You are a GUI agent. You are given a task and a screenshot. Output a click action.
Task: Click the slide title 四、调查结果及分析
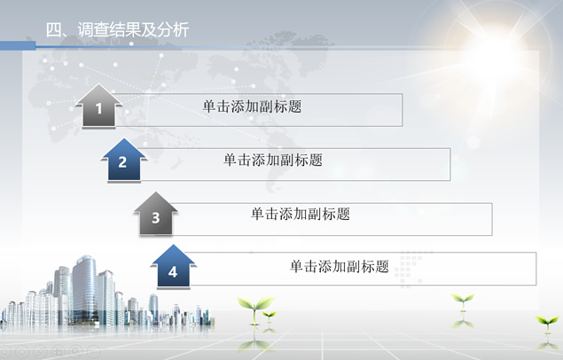pos(117,30)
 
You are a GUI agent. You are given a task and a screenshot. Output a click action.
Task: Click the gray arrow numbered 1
pos(98,106)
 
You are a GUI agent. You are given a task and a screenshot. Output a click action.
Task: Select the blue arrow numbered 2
pos(124,160)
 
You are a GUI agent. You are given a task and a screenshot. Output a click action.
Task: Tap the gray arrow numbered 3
pos(155,214)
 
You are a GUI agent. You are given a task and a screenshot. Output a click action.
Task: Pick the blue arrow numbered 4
pos(173,267)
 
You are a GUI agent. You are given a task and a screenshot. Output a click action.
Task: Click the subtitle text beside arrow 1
pos(252,106)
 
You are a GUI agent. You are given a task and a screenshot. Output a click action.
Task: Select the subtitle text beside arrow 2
pos(273,160)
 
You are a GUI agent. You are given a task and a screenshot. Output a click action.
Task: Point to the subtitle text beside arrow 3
pos(301,214)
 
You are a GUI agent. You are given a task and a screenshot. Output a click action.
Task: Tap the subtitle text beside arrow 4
pos(340,267)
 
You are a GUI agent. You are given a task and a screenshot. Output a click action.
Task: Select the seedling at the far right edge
pos(547,323)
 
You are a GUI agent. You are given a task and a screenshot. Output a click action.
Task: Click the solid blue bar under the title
pos(18,45)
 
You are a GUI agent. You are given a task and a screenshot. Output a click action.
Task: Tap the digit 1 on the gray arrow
pos(98,108)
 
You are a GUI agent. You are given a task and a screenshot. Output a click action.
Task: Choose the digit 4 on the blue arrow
pos(173,272)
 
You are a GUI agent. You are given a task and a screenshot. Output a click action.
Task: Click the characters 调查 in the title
pos(93,30)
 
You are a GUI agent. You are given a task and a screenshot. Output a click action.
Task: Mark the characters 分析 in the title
pos(173,30)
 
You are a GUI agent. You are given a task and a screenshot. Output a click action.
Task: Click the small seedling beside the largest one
pos(270,317)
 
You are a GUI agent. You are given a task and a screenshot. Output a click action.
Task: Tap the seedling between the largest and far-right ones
pos(463,301)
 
